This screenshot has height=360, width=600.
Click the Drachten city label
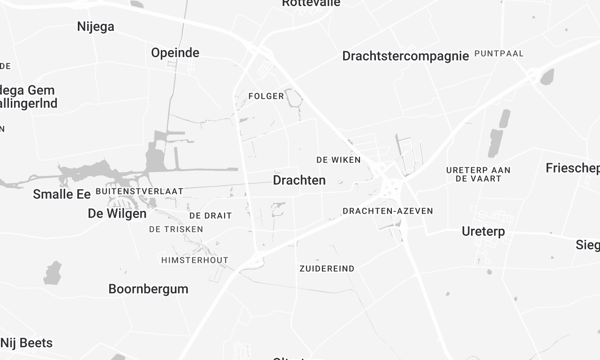pyautogui.click(x=299, y=180)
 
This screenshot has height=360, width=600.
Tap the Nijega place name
pyautogui.click(x=95, y=27)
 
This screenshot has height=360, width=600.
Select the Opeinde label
pyautogui.click(x=175, y=52)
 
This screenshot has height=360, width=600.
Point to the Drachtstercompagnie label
pyautogui.click(x=405, y=56)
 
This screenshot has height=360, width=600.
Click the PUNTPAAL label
pyautogui.click(x=499, y=53)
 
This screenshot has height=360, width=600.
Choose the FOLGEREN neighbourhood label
pyautogui.click(x=267, y=97)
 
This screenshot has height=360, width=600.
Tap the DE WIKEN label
pyautogui.click(x=337, y=160)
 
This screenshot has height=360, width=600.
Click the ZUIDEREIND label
pyautogui.click(x=326, y=269)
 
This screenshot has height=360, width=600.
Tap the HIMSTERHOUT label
pyautogui.click(x=195, y=260)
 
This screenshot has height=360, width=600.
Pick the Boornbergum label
pyautogui.click(x=148, y=289)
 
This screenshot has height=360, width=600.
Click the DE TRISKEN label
pyautogui.click(x=176, y=229)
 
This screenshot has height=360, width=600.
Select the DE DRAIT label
pyautogui.click(x=210, y=215)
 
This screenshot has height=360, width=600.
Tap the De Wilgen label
pyautogui.click(x=117, y=213)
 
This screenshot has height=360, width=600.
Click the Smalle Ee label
pyautogui.click(x=62, y=194)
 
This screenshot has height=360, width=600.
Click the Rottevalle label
pyautogui.click(x=311, y=4)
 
